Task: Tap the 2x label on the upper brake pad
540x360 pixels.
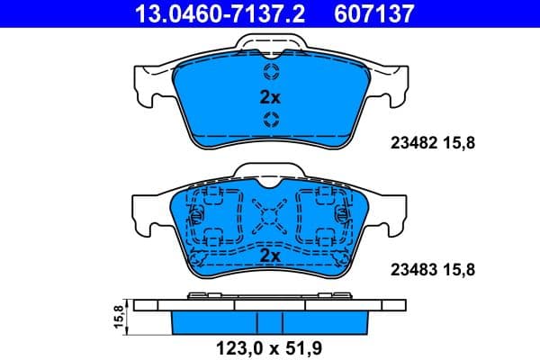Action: click(x=271, y=96)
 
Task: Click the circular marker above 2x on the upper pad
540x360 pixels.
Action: click(x=271, y=72)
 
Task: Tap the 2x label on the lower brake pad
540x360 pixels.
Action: click(x=271, y=256)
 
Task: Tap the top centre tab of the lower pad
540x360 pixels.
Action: click(x=271, y=172)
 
